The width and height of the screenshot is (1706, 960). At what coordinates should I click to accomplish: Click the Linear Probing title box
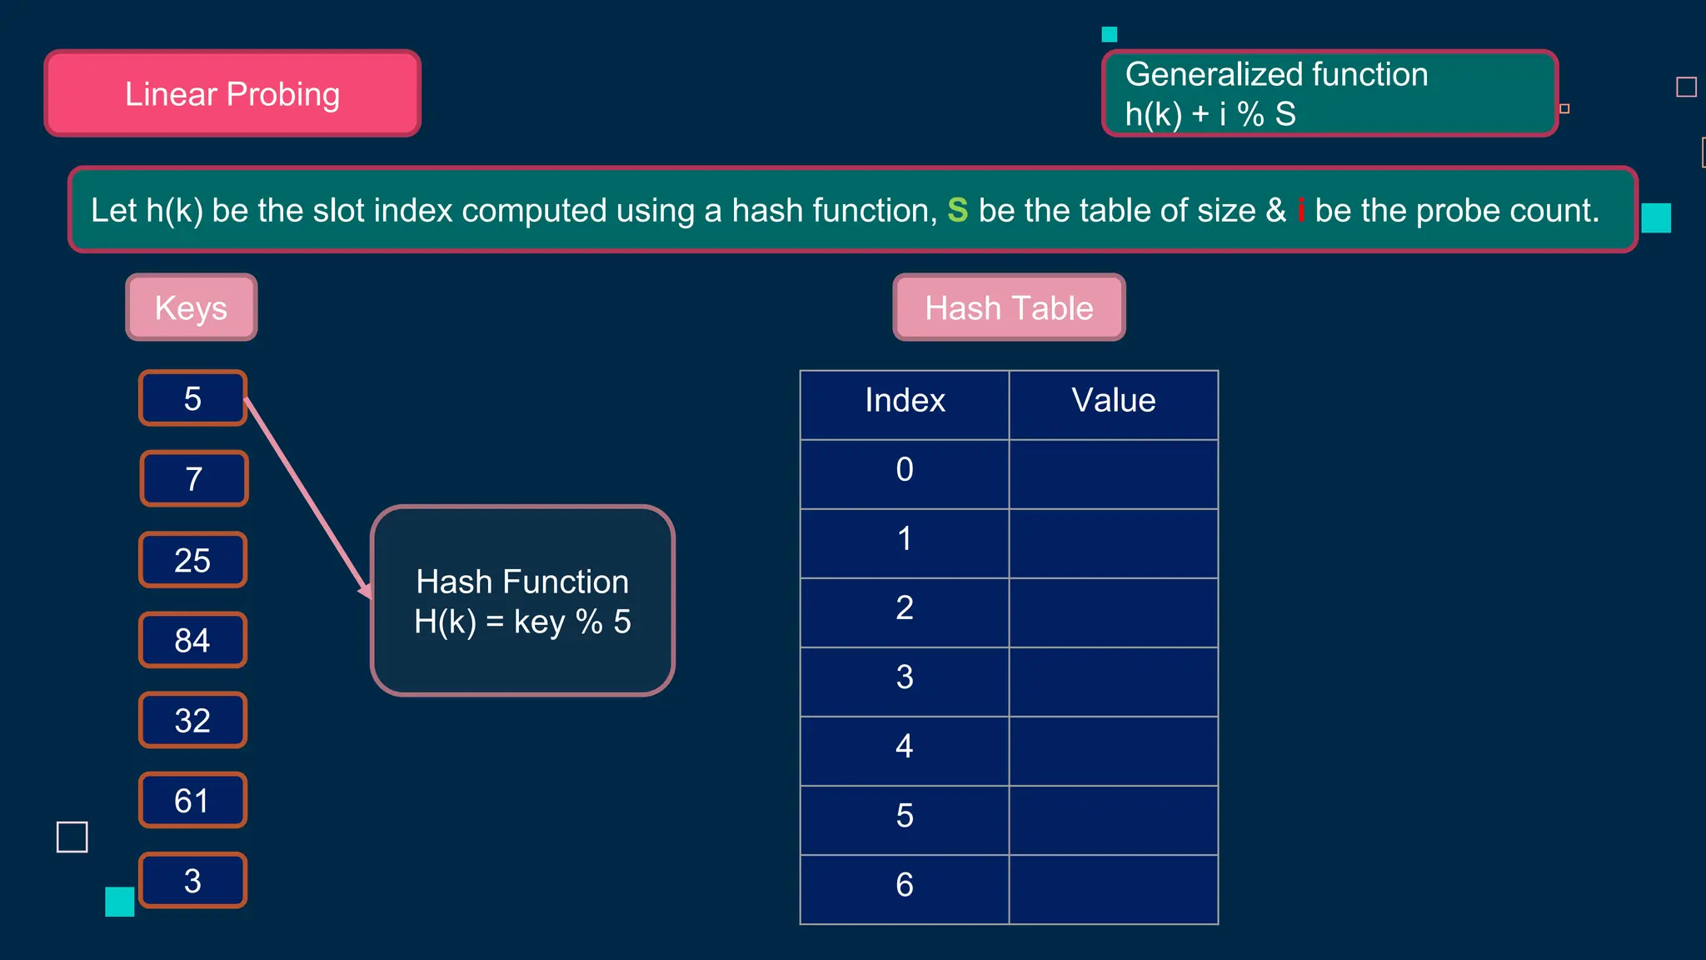point(232,93)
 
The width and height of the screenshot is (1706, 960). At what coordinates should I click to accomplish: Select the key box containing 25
point(192,560)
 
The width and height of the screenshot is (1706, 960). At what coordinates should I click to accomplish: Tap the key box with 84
point(192,640)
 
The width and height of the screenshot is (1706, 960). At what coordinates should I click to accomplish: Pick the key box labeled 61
point(192,801)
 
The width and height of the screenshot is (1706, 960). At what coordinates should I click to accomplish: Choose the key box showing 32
point(192,721)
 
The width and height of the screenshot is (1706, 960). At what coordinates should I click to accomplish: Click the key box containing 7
point(194,479)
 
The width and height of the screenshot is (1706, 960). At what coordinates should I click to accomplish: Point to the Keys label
point(192,307)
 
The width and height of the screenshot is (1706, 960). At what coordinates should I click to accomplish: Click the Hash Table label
point(1009,307)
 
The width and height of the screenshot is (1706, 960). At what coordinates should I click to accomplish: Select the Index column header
point(905,401)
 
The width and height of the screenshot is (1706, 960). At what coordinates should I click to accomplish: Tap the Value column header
point(1114,401)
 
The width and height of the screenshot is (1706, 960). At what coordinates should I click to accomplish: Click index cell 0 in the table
point(905,470)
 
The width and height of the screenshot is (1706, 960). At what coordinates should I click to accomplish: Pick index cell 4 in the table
point(905,747)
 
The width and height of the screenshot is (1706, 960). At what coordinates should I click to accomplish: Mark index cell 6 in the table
point(905,885)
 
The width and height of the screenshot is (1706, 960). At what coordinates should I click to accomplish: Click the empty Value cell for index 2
point(1114,608)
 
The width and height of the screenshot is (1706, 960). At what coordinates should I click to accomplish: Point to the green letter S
point(958,211)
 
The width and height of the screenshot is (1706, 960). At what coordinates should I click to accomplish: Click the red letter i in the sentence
point(1300,211)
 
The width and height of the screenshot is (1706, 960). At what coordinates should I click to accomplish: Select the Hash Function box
point(522,601)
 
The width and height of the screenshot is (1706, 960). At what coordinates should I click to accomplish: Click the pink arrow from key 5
point(308,497)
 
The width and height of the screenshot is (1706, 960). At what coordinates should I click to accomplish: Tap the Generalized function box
point(1329,93)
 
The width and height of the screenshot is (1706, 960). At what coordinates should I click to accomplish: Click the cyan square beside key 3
point(120,902)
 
